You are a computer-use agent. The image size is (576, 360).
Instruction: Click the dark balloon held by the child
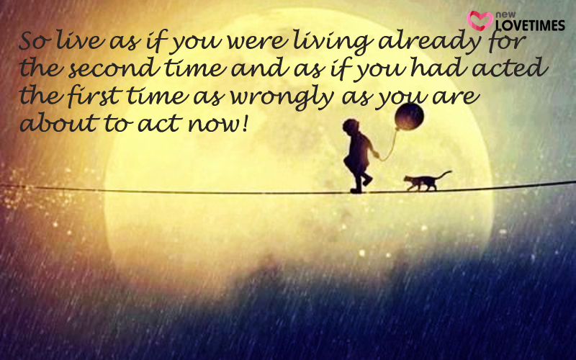coord(409,117)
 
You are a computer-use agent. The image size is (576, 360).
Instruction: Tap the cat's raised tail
coord(444,174)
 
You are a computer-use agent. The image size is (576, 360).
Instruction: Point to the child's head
coord(351,126)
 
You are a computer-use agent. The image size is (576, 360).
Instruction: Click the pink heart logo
coord(480,20)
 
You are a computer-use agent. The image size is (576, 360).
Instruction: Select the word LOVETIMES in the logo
coord(530,25)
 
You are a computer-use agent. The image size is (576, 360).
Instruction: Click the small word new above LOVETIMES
coord(505,15)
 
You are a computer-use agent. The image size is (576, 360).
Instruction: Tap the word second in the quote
coord(114,68)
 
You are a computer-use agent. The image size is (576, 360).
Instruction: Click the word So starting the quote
coord(35,42)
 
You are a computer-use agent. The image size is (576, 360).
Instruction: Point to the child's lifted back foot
coord(367,181)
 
